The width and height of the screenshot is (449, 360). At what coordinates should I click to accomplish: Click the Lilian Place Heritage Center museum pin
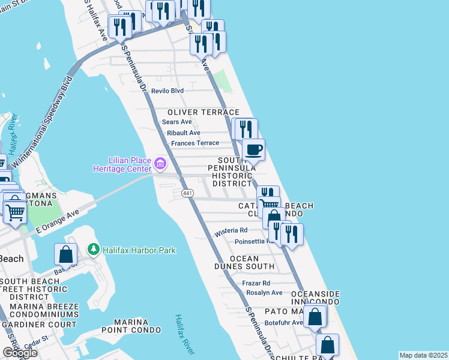coord(160,163)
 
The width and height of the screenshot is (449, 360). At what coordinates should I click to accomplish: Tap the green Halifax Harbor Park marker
coord(93,249)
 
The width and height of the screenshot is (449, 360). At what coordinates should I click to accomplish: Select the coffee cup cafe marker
coord(253,149)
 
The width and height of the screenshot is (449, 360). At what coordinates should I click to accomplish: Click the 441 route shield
coord(187,192)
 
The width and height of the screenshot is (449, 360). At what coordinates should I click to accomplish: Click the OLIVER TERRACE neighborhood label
coord(203,112)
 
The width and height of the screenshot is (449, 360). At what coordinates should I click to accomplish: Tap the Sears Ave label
coord(177,122)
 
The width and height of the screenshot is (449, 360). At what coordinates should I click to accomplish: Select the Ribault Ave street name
coord(184,133)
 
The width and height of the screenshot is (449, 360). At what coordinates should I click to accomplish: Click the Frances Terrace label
coord(195,143)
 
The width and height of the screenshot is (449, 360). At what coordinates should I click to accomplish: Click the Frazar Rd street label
coord(256,283)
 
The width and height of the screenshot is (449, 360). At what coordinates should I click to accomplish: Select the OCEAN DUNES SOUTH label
coord(244,262)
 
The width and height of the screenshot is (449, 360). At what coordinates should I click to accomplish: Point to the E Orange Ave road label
coord(58,221)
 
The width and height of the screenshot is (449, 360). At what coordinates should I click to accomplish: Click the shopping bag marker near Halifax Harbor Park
coord(65,254)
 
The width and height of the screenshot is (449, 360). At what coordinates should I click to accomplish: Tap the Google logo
coord(20,353)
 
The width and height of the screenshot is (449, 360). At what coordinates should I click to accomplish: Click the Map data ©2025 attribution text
coord(423,355)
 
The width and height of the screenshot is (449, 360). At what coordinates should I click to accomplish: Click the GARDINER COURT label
coord(38,325)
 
